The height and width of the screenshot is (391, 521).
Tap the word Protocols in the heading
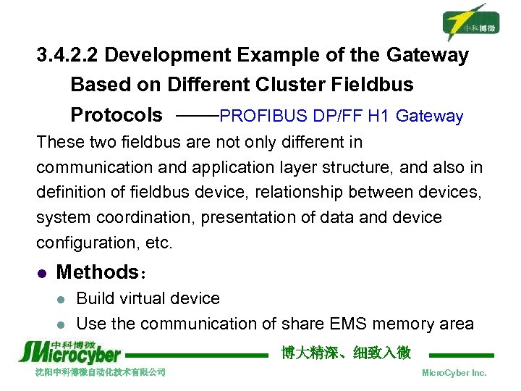pyautogui.click(x=117, y=115)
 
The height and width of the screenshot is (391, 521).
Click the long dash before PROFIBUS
pyautogui.click(x=196, y=115)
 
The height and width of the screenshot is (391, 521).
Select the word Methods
pyautogui.click(x=97, y=272)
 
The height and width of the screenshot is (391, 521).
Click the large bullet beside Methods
pyautogui.click(x=41, y=274)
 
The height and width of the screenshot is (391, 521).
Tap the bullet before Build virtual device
pyautogui.click(x=62, y=299)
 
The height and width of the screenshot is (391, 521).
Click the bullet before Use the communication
pyautogui.click(x=62, y=324)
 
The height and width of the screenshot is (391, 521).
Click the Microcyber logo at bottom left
pyautogui.click(x=70, y=351)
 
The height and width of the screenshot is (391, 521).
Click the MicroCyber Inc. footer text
pyautogui.click(x=454, y=373)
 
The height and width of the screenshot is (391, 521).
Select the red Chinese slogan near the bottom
pyautogui.click(x=346, y=353)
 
